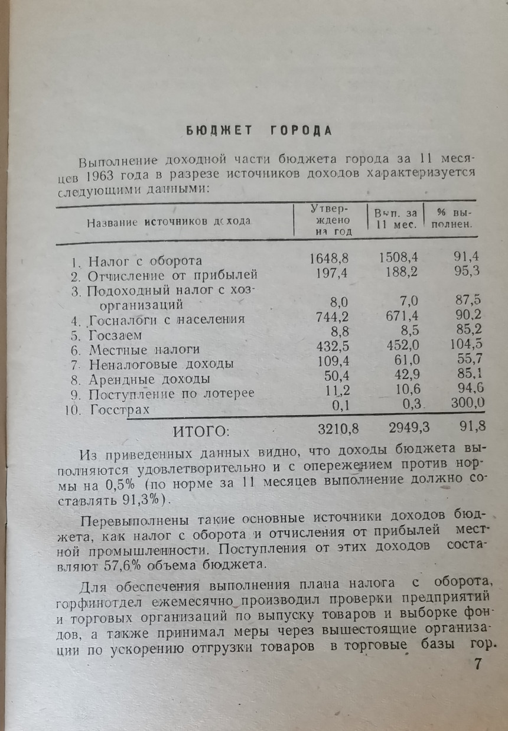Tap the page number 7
478,664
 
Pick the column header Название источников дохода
169,221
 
